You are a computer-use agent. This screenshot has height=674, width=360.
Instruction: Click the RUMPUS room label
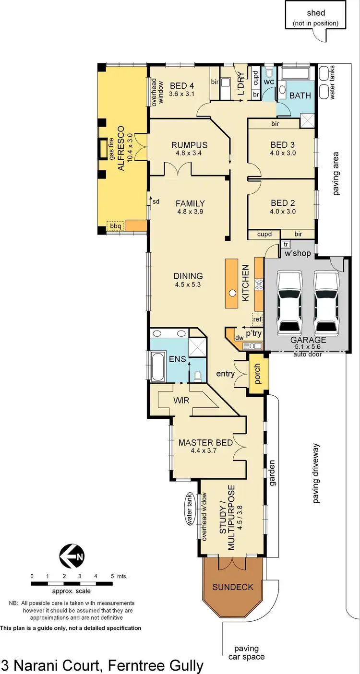click(189, 145)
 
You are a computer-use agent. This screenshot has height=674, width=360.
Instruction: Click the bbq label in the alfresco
click(115, 225)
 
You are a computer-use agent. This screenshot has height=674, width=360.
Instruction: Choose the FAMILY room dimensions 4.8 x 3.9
click(190, 212)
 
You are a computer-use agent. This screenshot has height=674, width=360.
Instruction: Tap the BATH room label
click(300, 95)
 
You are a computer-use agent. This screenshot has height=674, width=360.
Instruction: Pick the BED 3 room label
click(283, 145)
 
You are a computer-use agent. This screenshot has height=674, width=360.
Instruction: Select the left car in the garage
click(289, 304)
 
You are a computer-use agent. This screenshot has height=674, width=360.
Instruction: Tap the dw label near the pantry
click(239, 337)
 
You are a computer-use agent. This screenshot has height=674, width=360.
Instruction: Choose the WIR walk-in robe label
click(181, 400)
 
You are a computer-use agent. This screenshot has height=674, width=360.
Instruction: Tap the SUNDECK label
click(233, 587)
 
